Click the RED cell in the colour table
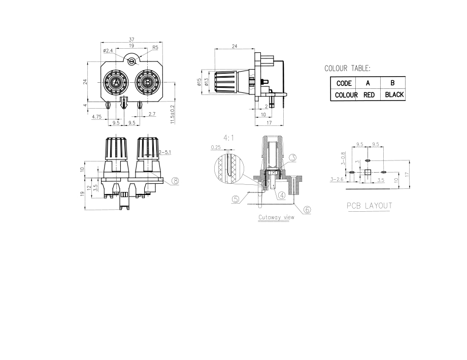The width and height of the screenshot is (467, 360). [369, 95]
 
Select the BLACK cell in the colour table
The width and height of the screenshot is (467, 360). [394, 95]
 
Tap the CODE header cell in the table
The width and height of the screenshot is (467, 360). [344, 83]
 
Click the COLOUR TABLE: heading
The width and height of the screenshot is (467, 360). [347, 68]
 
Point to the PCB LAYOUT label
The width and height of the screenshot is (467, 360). [370, 206]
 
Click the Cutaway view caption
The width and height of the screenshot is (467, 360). [276, 217]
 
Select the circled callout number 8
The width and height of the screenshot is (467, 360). [176, 181]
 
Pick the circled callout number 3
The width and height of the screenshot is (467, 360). [293, 157]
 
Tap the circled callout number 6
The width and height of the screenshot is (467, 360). [308, 210]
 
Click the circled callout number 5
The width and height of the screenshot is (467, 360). [236, 200]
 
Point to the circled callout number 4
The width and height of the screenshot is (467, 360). [281, 195]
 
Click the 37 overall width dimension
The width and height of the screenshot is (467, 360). [131, 39]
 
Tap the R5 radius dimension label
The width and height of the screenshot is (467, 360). [155, 47]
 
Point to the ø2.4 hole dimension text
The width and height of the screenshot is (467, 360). [108, 51]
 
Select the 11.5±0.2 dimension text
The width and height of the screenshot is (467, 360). [173, 114]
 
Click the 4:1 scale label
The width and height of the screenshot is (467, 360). [229, 138]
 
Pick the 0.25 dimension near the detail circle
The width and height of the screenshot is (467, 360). [216, 147]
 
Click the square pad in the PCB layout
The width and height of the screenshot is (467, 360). [368, 172]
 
